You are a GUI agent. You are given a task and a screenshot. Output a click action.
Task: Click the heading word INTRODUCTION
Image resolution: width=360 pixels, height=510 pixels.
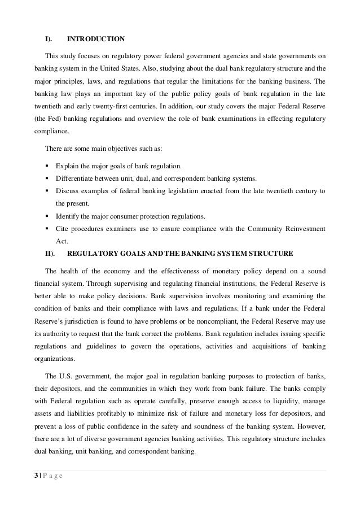pos(96,39)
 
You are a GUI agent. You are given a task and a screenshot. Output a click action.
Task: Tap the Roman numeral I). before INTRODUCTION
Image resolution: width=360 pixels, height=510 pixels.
pos(49,39)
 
